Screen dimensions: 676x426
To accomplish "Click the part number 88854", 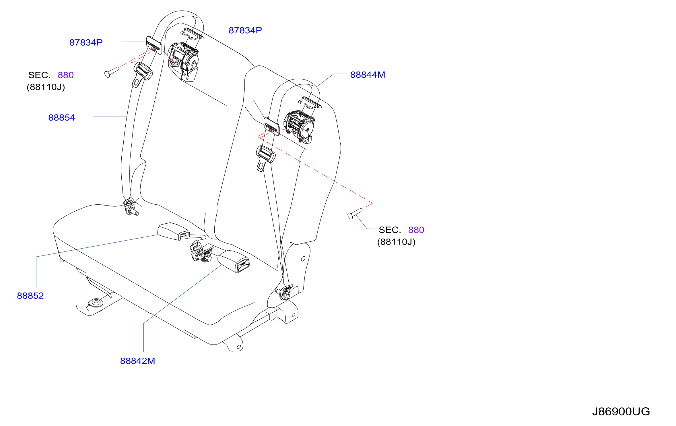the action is pyautogui.click(x=61, y=118).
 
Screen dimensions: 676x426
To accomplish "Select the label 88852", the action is pyautogui.click(x=30, y=296).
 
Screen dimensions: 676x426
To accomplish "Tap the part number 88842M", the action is pyautogui.click(x=137, y=361).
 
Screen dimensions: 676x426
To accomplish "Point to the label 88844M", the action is pyautogui.click(x=368, y=75).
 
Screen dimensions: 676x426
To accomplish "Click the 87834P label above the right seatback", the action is pyautogui.click(x=245, y=30).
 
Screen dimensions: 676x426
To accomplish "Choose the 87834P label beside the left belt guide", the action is pyautogui.click(x=86, y=42).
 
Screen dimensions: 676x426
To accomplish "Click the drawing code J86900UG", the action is pyautogui.click(x=621, y=411).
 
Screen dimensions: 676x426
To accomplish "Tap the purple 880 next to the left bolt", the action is pyautogui.click(x=66, y=75).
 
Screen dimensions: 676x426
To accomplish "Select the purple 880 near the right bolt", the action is pyautogui.click(x=416, y=230).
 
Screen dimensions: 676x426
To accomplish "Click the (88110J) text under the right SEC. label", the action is pyautogui.click(x=396, y=242).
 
